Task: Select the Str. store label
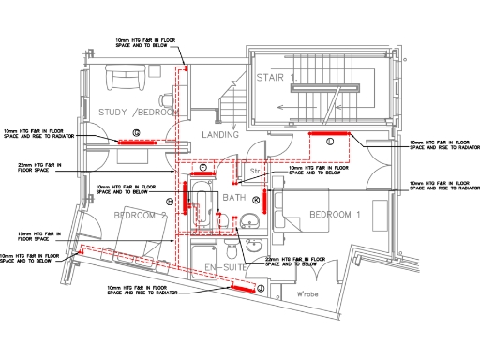click(x=254, y=172)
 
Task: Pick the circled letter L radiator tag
click(x=331, y=142)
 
